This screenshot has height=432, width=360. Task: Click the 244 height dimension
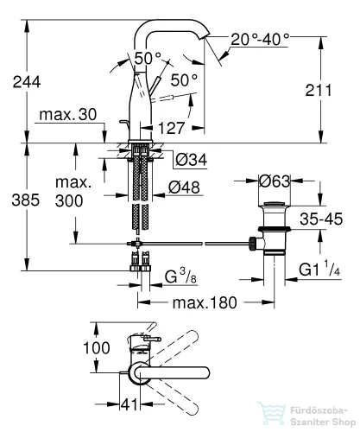27,82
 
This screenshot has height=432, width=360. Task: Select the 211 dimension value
319,90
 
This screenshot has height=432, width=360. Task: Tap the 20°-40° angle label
260,39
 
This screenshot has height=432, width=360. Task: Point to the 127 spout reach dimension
172,128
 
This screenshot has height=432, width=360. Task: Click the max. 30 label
68,115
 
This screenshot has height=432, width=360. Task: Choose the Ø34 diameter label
192,160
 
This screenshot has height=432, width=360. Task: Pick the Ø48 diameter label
184,187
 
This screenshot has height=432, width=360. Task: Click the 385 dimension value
25,200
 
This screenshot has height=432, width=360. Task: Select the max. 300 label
73,192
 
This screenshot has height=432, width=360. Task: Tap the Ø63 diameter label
275,181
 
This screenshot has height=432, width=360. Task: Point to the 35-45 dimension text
321,219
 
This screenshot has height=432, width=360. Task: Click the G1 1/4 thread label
319,269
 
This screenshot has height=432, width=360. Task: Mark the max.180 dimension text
205,302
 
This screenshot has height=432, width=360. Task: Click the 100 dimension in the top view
97,347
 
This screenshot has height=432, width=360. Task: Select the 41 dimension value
129,404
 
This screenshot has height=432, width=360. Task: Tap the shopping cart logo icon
272,414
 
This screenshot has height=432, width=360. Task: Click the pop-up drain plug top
275,204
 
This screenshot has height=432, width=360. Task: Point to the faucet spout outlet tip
206,36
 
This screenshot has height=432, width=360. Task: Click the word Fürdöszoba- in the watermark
319,410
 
